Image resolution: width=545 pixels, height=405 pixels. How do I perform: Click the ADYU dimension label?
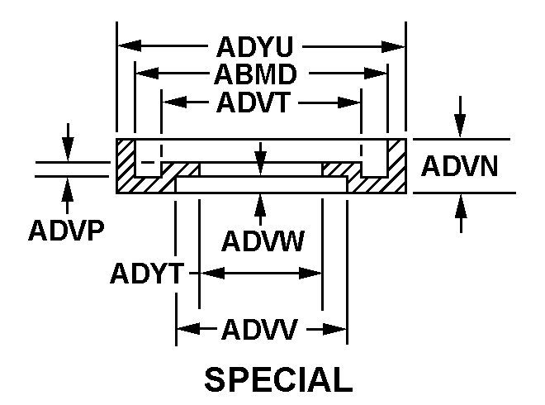255,46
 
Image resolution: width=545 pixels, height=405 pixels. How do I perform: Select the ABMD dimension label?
255,74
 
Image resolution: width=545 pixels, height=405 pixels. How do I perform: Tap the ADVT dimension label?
253,102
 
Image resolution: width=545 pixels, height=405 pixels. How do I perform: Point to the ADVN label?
459,166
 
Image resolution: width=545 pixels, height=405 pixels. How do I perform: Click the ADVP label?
66,231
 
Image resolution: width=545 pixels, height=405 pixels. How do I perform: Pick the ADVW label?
263,241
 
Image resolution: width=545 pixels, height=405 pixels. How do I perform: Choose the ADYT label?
147,273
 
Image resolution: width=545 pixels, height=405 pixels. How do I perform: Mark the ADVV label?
259,329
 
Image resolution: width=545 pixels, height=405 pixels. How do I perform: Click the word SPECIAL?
278,379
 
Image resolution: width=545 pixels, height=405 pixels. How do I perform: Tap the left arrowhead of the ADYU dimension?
130,45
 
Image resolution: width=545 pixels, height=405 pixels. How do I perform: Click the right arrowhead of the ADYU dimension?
393,46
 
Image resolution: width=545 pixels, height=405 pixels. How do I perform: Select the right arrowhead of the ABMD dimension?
376,74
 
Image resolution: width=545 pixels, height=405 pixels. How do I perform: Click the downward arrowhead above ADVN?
460,126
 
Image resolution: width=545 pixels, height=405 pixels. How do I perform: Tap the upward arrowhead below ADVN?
461,207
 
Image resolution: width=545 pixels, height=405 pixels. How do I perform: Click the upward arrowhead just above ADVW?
260,205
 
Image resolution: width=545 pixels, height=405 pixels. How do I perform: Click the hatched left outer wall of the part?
126,165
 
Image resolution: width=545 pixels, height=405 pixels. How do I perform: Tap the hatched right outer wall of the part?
396,165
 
